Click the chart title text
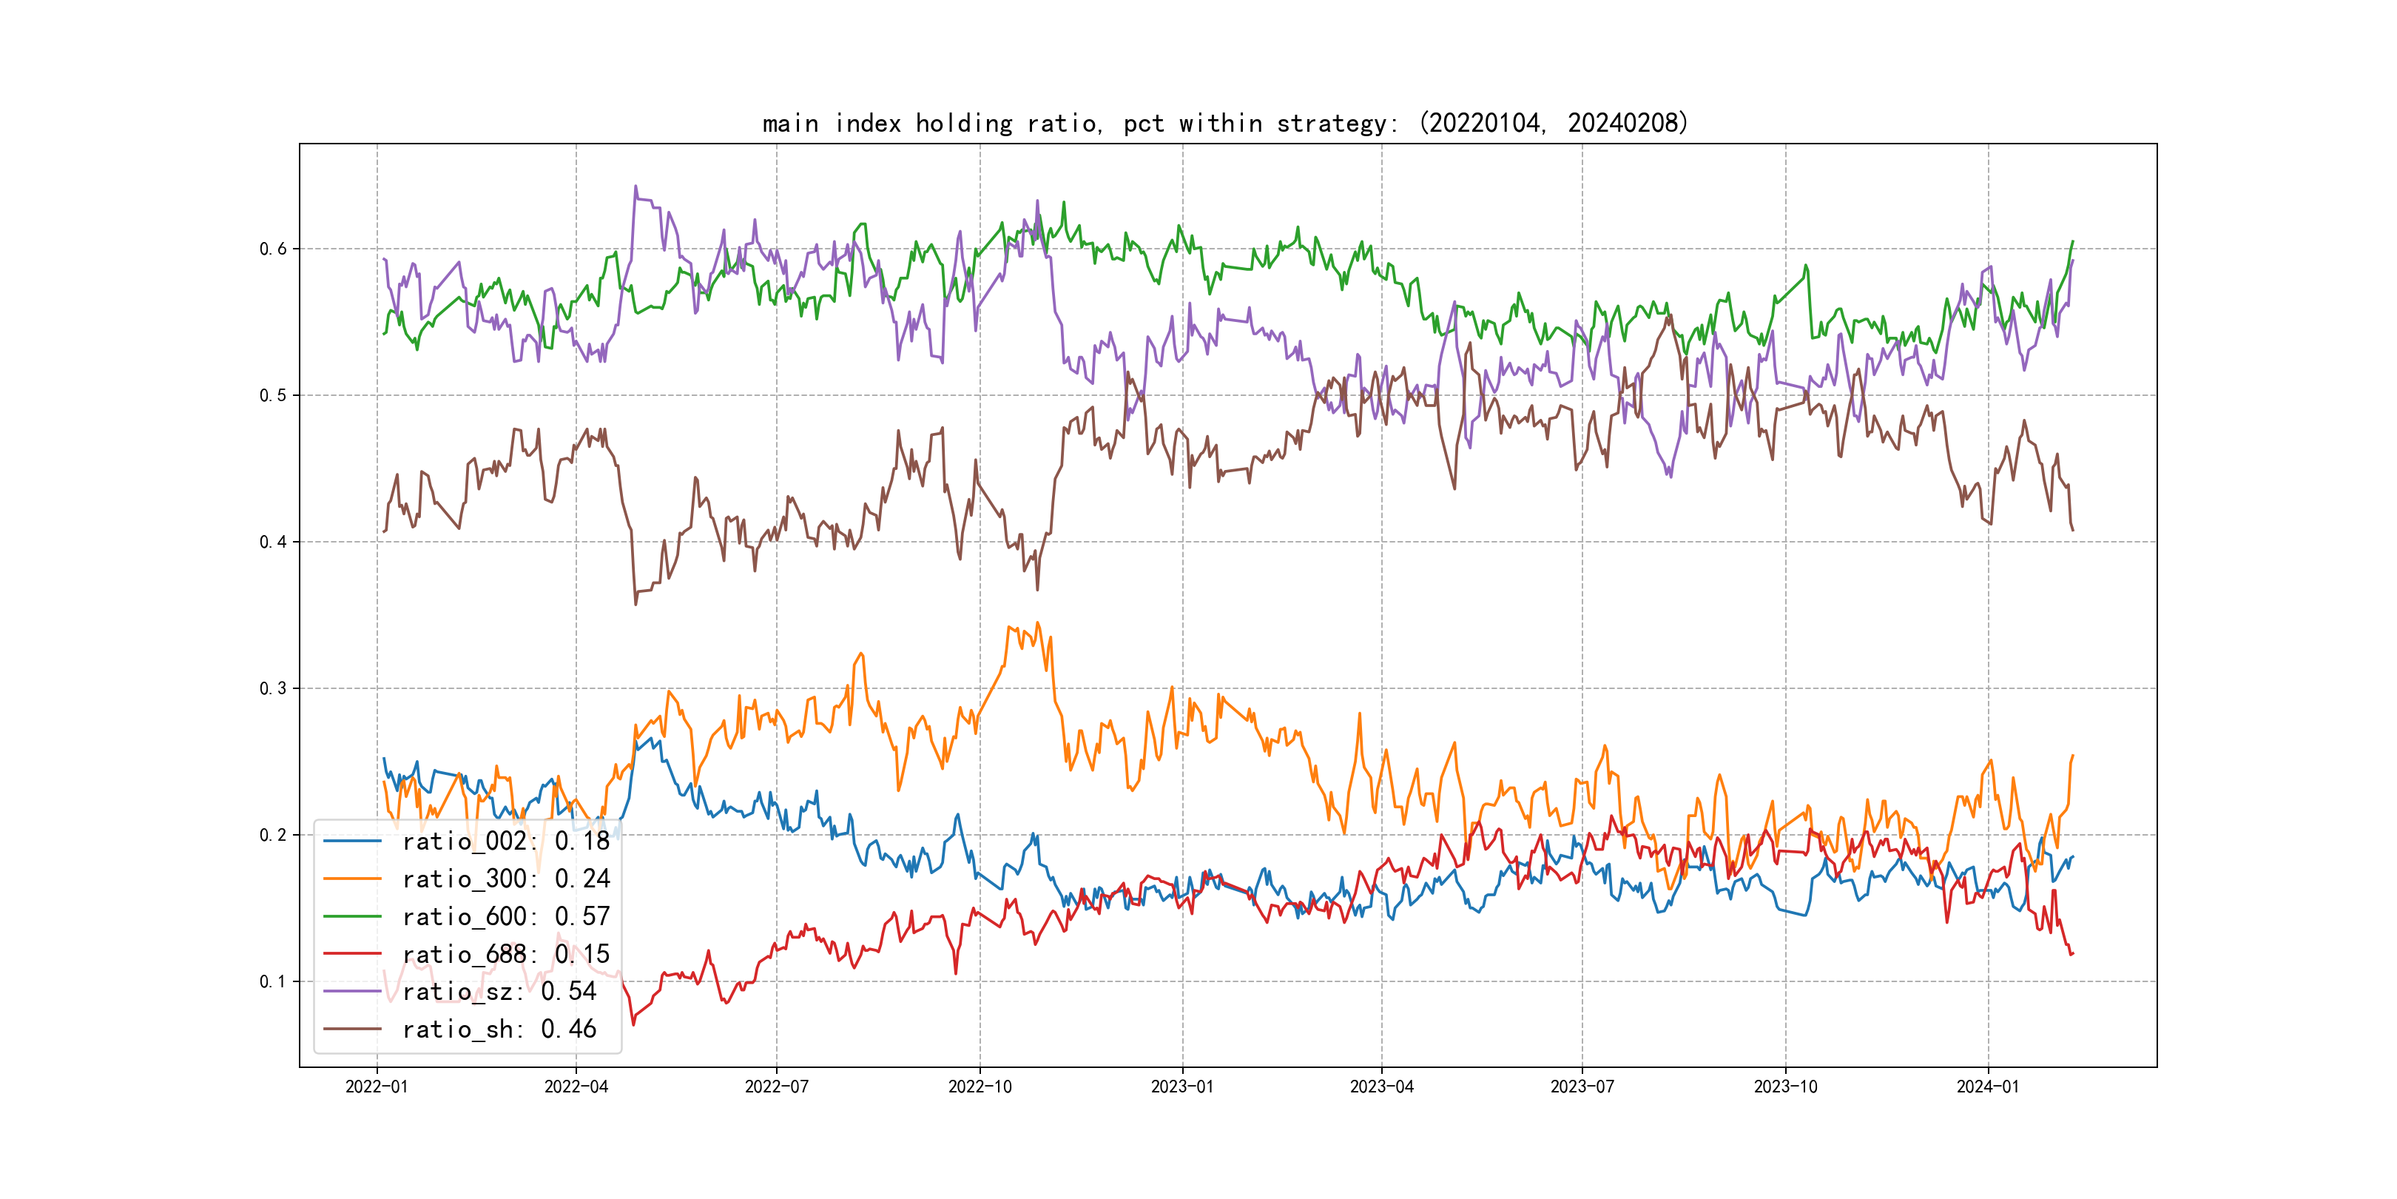(1224, 123)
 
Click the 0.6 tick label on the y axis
(273, 249)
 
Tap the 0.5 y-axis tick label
(273, 396)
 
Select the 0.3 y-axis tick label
(273, 689)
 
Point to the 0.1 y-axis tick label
(273, 981)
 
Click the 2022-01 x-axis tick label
(377, 1087)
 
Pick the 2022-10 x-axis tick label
(980, 1087)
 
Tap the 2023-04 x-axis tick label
(1382, 1087)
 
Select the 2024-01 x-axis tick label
(1989, 1087)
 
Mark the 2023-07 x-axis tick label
(1582, 1087)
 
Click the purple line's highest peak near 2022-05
(636, 187)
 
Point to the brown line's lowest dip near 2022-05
(636, 604)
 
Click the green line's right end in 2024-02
(2072, 242)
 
